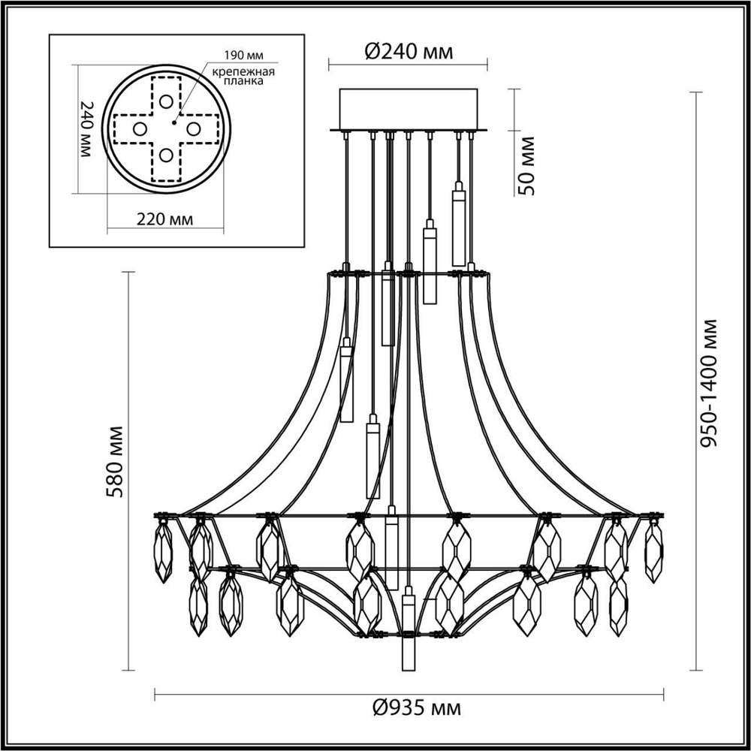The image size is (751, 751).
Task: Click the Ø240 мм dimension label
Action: [409, 52]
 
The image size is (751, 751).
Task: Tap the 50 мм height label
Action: [528, 166]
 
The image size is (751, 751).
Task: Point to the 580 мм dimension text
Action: [115, 461]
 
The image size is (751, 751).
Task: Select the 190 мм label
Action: [243, 55]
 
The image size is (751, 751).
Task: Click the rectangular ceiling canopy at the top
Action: [409, 110]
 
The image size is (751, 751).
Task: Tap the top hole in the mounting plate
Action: [166, 101]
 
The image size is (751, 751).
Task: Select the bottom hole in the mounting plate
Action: [166, 156]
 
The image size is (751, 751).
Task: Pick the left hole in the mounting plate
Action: [139, 129]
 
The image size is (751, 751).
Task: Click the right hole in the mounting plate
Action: [194, 129]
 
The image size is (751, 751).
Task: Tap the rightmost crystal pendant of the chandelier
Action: [654, 552]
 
